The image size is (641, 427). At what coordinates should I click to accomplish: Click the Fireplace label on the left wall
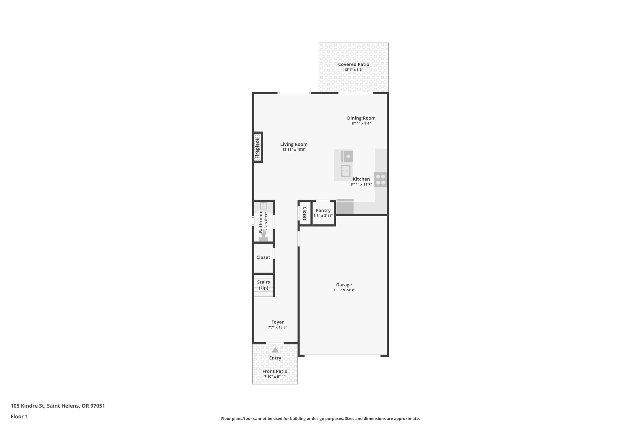[258, 147]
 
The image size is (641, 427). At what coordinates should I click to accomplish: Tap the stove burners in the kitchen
[381, 180]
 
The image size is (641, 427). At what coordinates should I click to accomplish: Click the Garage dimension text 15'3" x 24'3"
[344, 290]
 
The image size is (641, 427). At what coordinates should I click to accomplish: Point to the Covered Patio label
[353, 64]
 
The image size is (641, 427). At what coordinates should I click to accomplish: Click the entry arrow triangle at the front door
[275, 350]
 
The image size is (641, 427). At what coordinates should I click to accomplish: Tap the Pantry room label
[323, 211]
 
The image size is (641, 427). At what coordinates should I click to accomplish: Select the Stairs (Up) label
[263, 285]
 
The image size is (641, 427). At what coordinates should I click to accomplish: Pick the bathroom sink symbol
[264, 206]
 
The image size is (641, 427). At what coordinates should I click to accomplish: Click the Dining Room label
[361, 118]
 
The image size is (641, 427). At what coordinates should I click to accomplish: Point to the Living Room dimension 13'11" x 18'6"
[294, 150]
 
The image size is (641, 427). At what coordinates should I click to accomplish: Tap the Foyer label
[277, 322]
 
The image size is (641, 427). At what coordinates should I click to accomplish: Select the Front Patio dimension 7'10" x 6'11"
[274, 377]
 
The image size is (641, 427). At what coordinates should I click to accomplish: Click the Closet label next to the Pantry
[304, 213]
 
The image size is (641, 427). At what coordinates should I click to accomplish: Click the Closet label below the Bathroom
[263, 257]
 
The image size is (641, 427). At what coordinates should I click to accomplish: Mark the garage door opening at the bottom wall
[342, 356]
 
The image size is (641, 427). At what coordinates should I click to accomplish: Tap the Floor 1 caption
[19, 416]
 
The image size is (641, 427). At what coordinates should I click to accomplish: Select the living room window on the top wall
[294, 93]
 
